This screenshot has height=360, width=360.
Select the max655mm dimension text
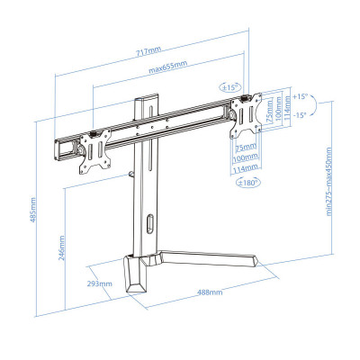(x=168, y=67)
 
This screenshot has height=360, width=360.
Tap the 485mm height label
(x=32, y=210)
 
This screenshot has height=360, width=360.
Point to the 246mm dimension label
(x=61, y=247)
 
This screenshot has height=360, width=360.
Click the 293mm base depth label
(x=100, y=283)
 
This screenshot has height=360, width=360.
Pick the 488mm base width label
(x=210, y=292)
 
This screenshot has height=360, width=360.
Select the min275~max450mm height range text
(x=328, y=182)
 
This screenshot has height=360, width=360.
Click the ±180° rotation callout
(x=248, y=182)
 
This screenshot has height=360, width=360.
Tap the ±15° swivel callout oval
(x=230, y=87)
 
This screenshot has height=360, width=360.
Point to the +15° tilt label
(x=301, y=96)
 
